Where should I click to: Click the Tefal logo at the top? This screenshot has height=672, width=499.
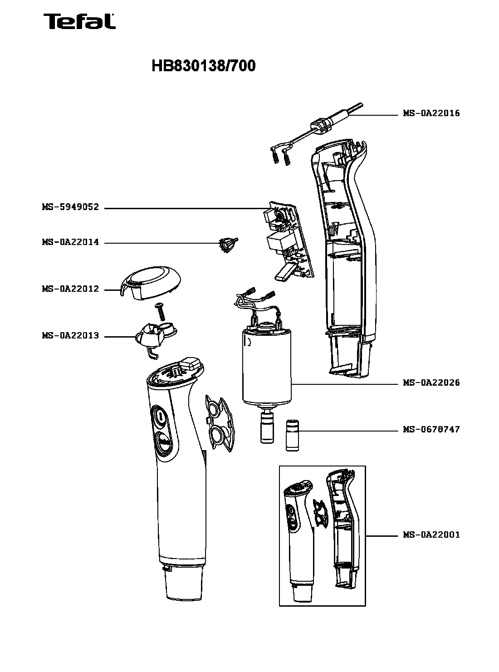point(79,21)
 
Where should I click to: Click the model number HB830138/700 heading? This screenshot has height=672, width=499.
point(203,66)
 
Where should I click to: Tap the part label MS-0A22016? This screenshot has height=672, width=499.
point(431,113)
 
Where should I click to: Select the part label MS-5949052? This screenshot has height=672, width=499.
point(70,208)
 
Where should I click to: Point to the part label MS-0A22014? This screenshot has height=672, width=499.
point(70,243)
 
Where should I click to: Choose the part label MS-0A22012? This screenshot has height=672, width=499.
point(70,289)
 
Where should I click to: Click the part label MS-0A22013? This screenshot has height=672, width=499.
point(70,336)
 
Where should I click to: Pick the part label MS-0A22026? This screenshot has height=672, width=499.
point(431,383)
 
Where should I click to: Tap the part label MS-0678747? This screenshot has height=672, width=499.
point(431,429)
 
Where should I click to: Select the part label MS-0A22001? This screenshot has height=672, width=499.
point(431,535)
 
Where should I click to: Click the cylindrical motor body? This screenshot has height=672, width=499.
point(267,368)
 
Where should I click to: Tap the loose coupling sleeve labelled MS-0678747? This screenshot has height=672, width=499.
point(292,436)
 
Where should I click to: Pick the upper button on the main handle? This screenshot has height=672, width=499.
point(160,416)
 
